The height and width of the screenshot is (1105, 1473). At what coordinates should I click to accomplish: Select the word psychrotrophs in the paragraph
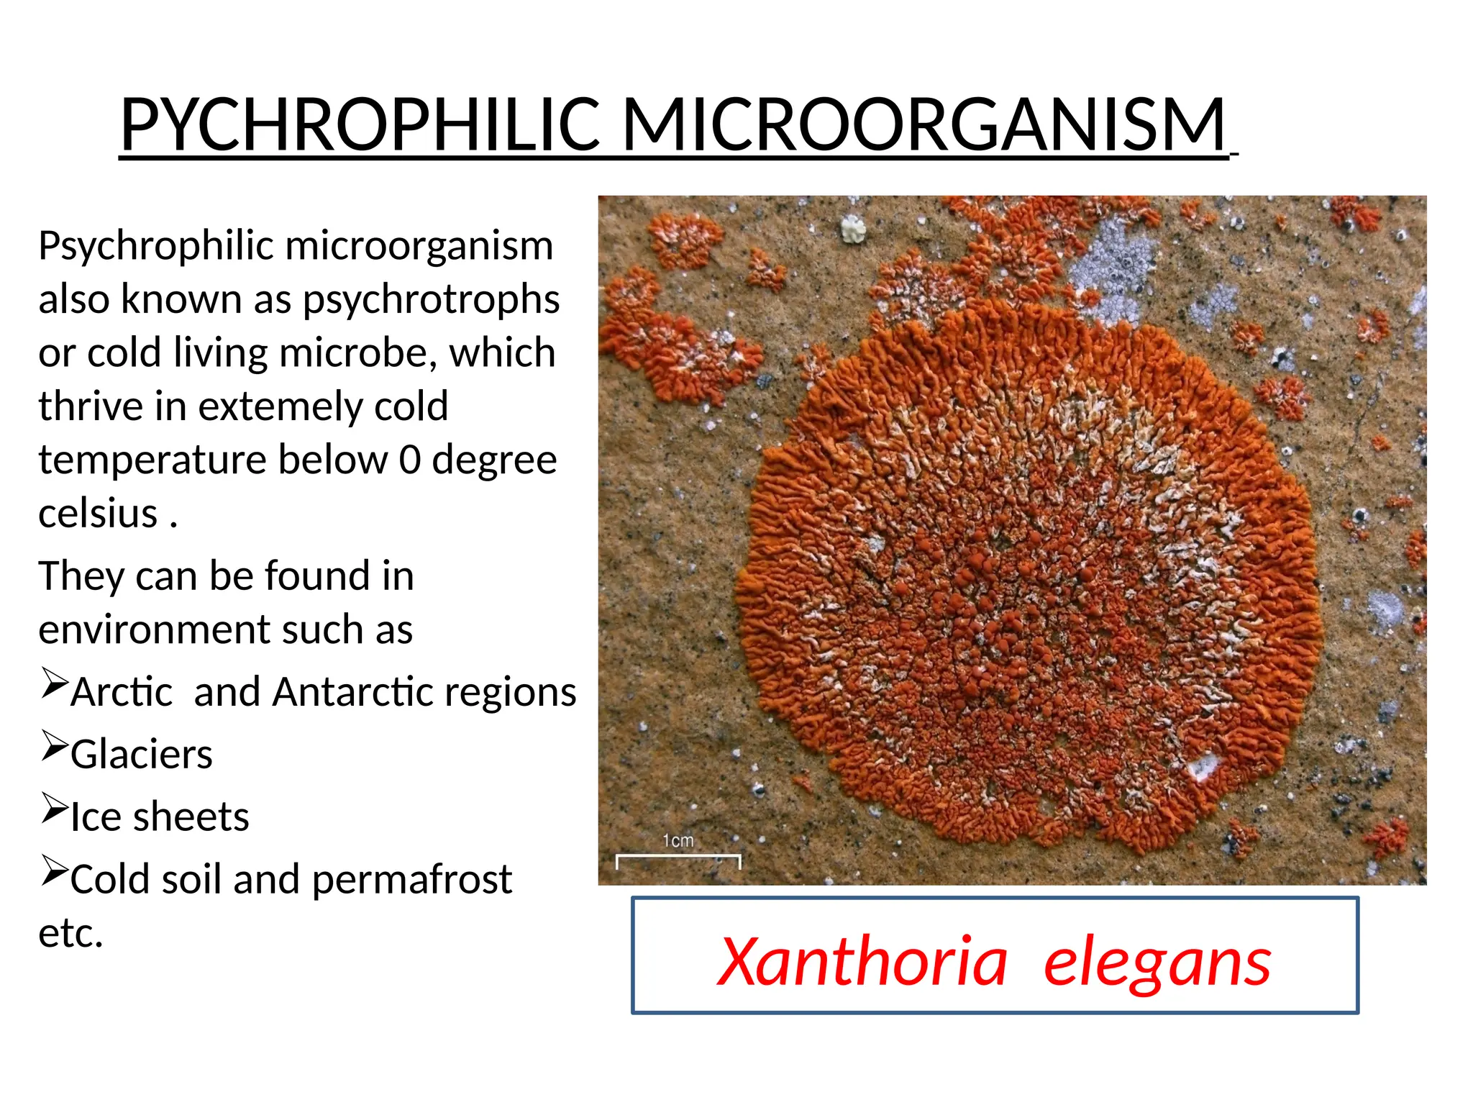point(431,299)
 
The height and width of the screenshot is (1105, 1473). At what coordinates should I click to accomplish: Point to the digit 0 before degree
point(410,460)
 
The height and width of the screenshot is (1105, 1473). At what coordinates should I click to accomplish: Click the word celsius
point(98,514)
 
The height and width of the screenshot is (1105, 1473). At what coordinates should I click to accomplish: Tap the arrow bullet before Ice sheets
point(54,808)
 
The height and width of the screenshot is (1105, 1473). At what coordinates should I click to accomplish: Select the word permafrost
point(411,879)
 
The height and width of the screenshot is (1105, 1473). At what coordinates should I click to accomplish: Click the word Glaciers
point(142,755)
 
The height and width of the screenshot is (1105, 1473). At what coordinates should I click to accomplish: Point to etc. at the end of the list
point(70,933)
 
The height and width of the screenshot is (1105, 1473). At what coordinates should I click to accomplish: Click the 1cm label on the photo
point(678,840)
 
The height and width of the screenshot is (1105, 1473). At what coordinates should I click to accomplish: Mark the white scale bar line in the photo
point(678,856)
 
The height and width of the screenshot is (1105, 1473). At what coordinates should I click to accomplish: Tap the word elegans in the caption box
point(1157,963)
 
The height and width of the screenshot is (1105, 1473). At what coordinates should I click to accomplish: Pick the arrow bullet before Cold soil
point(54,870)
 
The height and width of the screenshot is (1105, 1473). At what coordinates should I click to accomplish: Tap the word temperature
point(152,460)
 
